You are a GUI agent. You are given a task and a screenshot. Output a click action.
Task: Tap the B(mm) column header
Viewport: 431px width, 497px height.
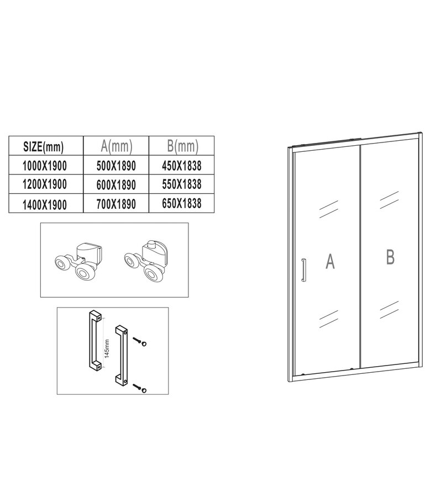182,146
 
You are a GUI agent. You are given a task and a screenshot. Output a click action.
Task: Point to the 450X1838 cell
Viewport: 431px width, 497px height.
182,165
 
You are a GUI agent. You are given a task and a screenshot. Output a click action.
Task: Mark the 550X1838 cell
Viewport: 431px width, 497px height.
182,184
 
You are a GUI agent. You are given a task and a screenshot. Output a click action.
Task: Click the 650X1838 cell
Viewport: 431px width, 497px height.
182,203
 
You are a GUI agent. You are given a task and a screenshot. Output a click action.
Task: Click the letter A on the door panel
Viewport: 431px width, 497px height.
330,262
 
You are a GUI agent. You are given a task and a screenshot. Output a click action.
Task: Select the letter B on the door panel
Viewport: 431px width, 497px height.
390,257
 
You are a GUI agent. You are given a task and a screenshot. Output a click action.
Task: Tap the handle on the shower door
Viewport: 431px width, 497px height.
302,271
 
